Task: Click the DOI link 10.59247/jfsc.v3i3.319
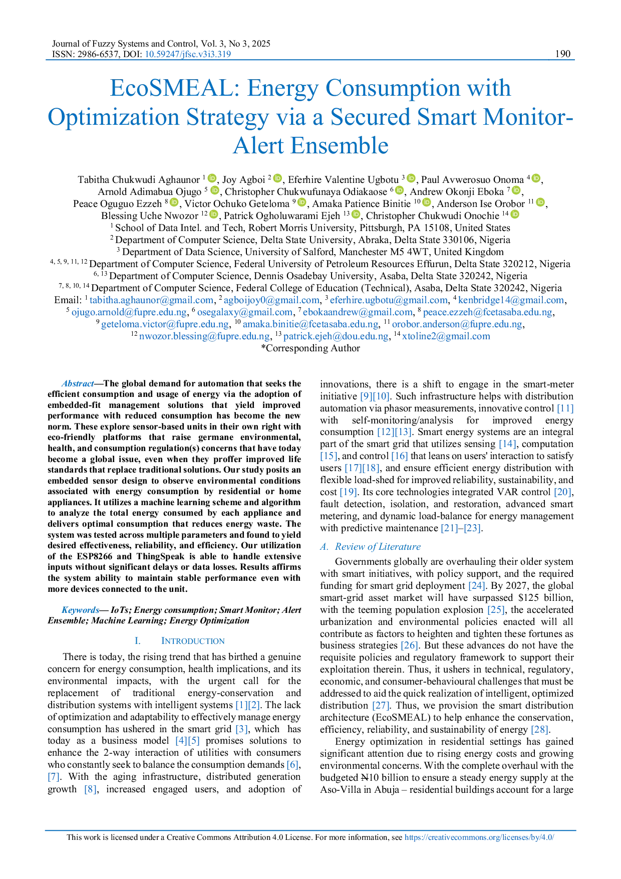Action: pos(188,54)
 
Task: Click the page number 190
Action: pos(563,54)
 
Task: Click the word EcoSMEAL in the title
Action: pos(175,88)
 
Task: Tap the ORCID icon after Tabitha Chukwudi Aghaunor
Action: pos(212,178)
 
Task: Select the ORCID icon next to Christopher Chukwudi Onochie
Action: pos(514,214)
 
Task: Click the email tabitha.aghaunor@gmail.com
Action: pos(151,300)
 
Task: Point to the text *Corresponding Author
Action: pos(310,348)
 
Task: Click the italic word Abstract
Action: pos(78,383)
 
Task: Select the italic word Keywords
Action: pos(80,610)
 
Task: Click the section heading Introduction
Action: pos(193,641)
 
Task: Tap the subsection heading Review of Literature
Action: pos(378,547)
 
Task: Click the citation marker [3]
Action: pos(242,729)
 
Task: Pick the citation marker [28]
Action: pos(540,730)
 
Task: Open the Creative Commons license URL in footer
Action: pos(479,837)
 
